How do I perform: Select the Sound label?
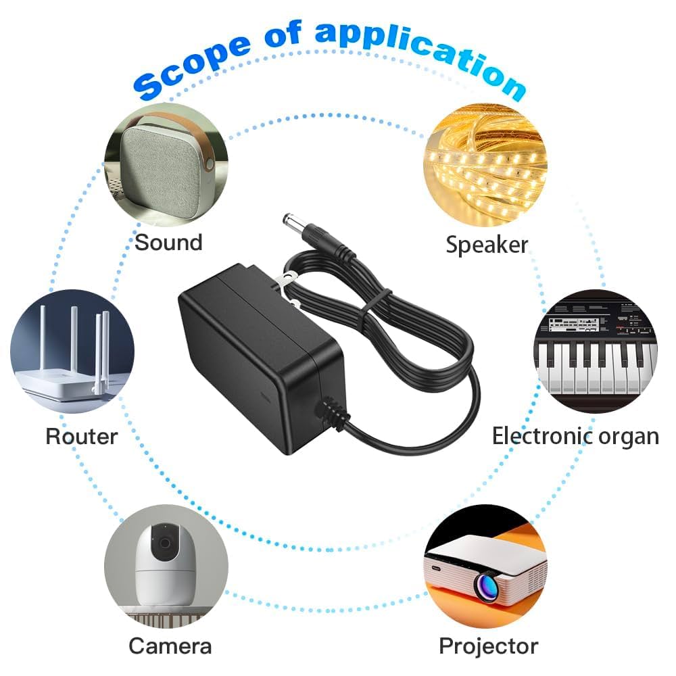[x=168, y=242]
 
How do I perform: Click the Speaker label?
[x=487, y=244]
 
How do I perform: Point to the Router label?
[x=81, y=436]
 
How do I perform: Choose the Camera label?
[x=170, y=646]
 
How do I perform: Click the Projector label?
[x=488, y=646]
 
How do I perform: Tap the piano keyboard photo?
[x=596, y=352]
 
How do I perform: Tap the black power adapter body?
[x=257, y=352]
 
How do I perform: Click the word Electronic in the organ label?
[x=533, y=436]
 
